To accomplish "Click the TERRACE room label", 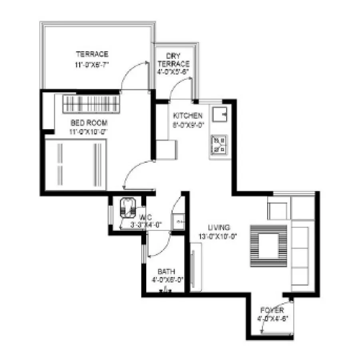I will tap(92, 54).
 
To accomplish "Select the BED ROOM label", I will tap(89, 123).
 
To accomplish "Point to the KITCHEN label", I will tap(187, 116).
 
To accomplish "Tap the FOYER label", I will tap(272, 310).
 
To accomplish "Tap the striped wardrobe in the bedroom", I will tap(91, 104).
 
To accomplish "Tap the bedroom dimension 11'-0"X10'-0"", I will tap(89, 131).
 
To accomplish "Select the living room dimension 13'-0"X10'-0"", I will tap(218, 236).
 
